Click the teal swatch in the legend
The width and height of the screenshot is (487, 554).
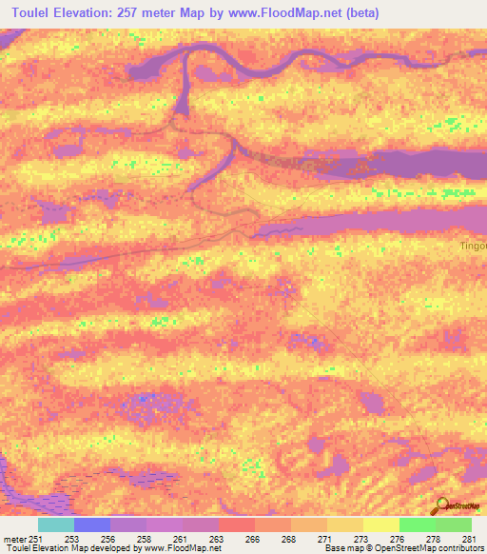pos(56,524)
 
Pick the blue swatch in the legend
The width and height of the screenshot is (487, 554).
pos(92,524)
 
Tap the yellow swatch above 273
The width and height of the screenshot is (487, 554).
pos(345,524)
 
